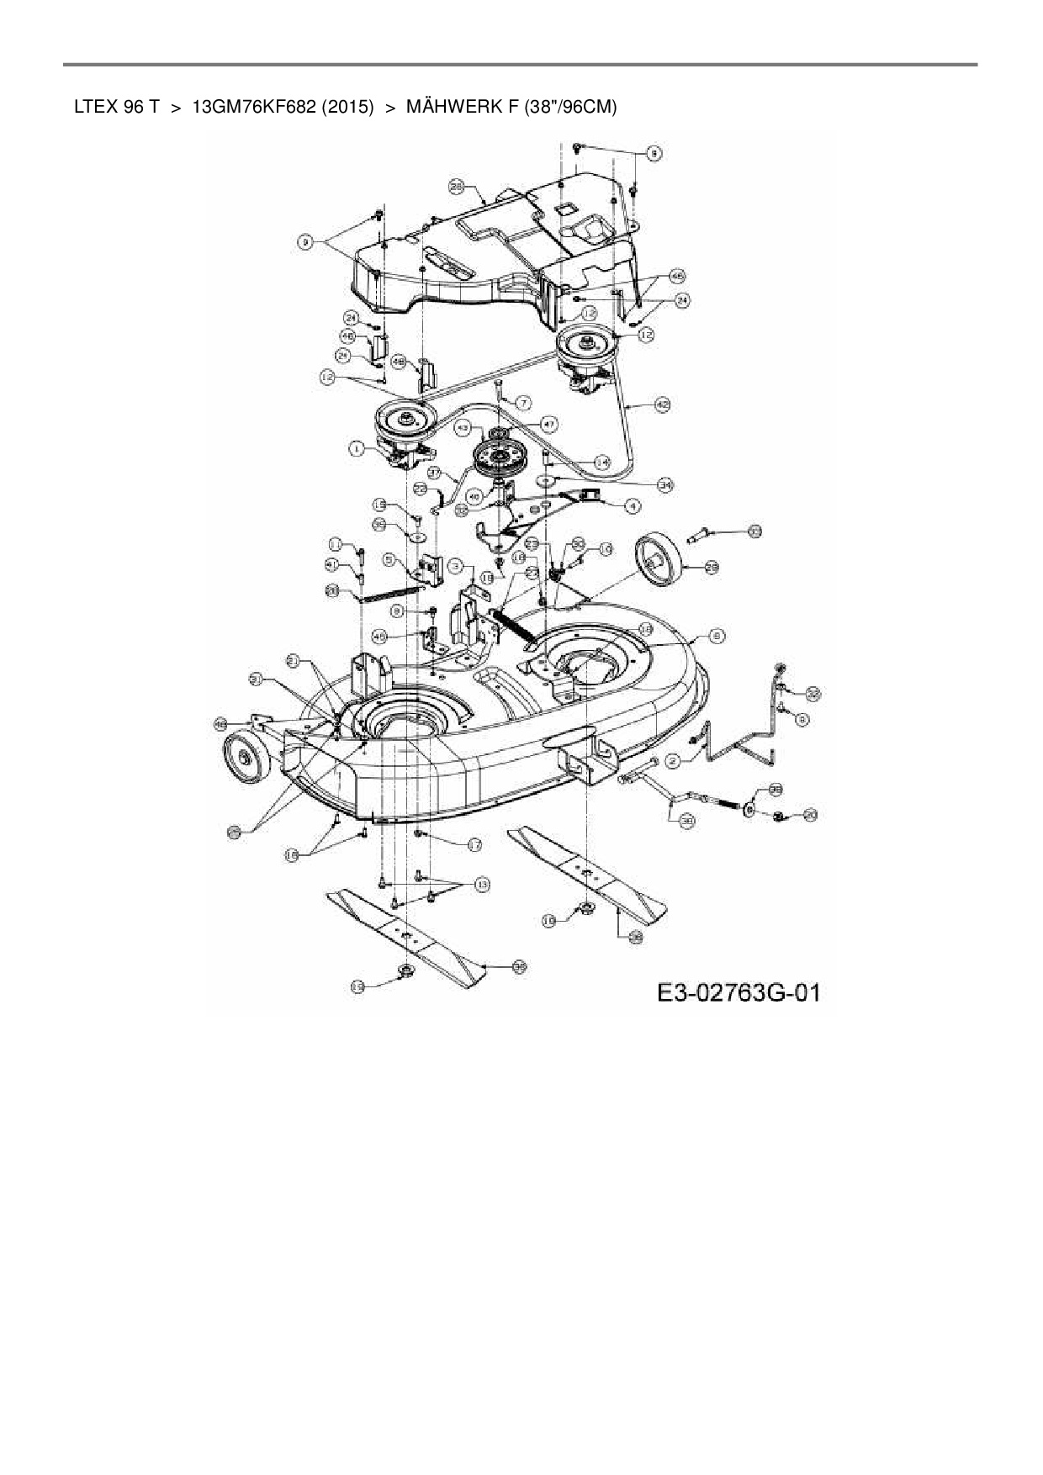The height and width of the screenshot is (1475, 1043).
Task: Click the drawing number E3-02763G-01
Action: click(x=739, y=992)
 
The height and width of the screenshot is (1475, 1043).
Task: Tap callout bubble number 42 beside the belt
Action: click(x=663, y=404)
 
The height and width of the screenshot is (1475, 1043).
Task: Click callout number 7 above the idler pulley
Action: click(x=523, y=403)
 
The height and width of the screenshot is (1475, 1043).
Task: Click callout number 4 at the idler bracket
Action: click(x=631, y=506)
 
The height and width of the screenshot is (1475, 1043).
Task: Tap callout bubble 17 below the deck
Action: click(x=474, y=844)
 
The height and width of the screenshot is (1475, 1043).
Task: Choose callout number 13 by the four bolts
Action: click(x=482, y=885)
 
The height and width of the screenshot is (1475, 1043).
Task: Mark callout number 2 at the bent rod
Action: click(x=672, y=760)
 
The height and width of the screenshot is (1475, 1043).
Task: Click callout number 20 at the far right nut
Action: click(x=810, y=814)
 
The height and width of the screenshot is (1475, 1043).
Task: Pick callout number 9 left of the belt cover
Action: click(x=305, y=242)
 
